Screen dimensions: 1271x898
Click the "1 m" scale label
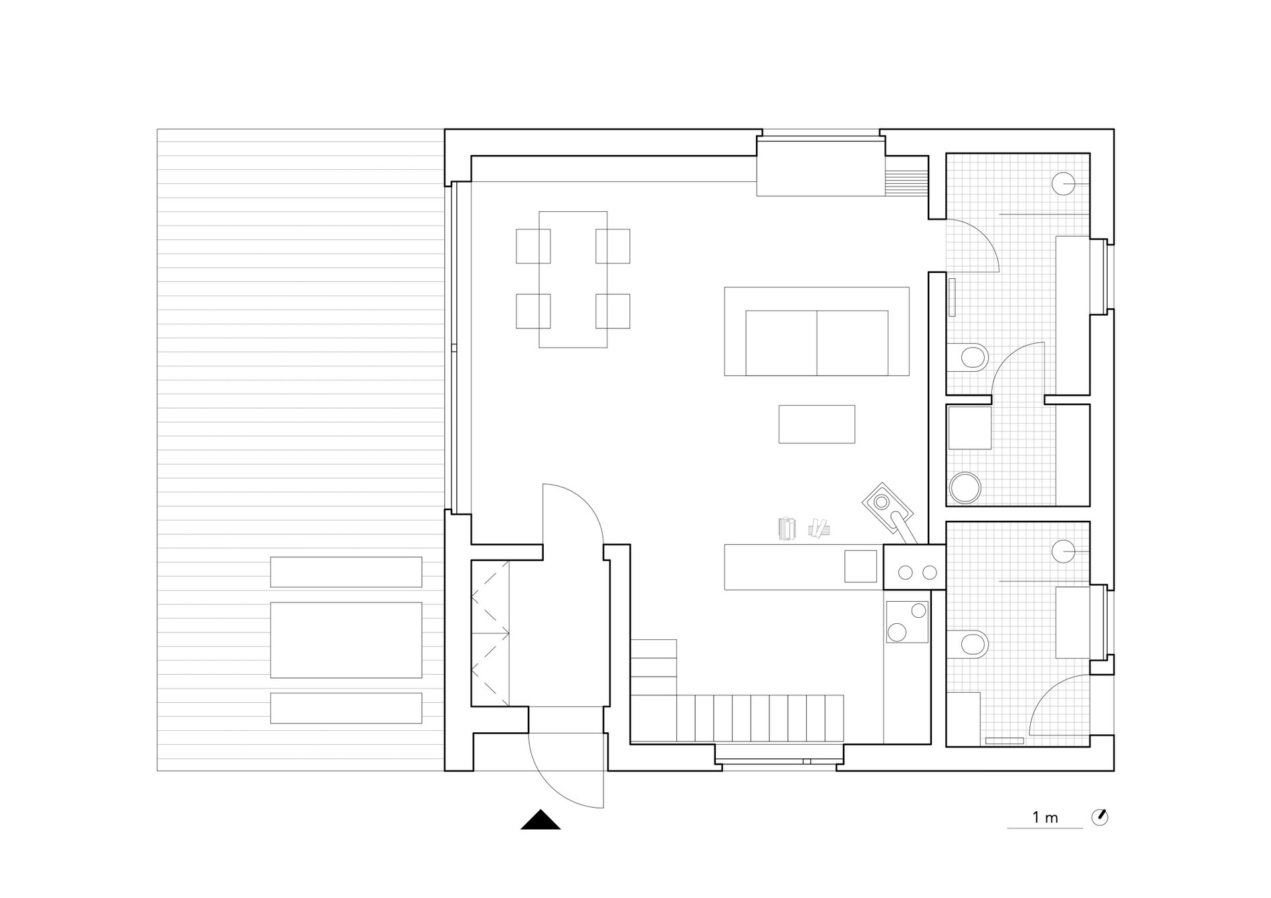1045,817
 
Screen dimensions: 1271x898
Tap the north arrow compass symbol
1099,817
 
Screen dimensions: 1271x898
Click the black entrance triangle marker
541,820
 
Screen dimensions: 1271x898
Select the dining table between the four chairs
573,279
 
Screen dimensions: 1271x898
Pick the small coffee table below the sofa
817,424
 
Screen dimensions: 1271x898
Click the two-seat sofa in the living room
817,332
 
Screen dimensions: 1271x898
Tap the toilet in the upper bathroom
967,358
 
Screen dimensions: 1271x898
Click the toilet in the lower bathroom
968,645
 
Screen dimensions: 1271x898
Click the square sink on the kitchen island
860,566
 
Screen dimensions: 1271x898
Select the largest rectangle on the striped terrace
346,640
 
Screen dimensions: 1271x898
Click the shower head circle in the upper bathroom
1064,183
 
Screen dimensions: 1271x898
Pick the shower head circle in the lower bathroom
1064,552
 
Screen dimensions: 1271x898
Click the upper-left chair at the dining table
533,246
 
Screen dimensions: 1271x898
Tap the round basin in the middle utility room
965,487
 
